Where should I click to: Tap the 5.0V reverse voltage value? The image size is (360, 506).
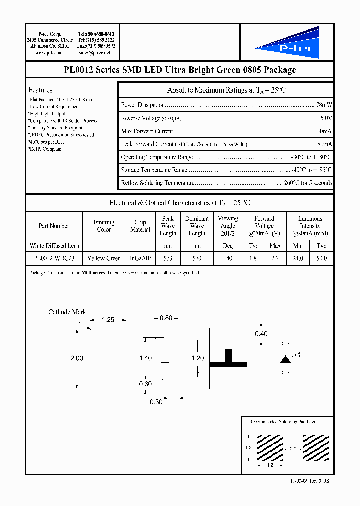326,118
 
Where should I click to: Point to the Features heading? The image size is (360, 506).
40,90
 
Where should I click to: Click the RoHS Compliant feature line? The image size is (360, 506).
46,149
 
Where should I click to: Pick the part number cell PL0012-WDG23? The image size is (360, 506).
54,258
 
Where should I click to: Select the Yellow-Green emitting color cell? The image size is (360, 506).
104,258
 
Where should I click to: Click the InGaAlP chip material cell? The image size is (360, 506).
140,258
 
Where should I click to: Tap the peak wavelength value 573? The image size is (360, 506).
168,258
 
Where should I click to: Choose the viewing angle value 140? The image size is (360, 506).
228,258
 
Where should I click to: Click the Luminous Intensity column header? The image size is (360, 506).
310,226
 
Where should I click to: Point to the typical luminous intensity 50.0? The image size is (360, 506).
322,258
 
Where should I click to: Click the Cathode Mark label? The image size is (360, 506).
67,312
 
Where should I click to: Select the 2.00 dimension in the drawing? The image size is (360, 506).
77,358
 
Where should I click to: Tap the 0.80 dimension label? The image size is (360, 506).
166,318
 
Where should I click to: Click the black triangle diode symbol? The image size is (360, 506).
285,359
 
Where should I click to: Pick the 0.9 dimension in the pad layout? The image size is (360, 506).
293,449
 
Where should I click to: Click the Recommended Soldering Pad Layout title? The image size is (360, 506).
284,422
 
